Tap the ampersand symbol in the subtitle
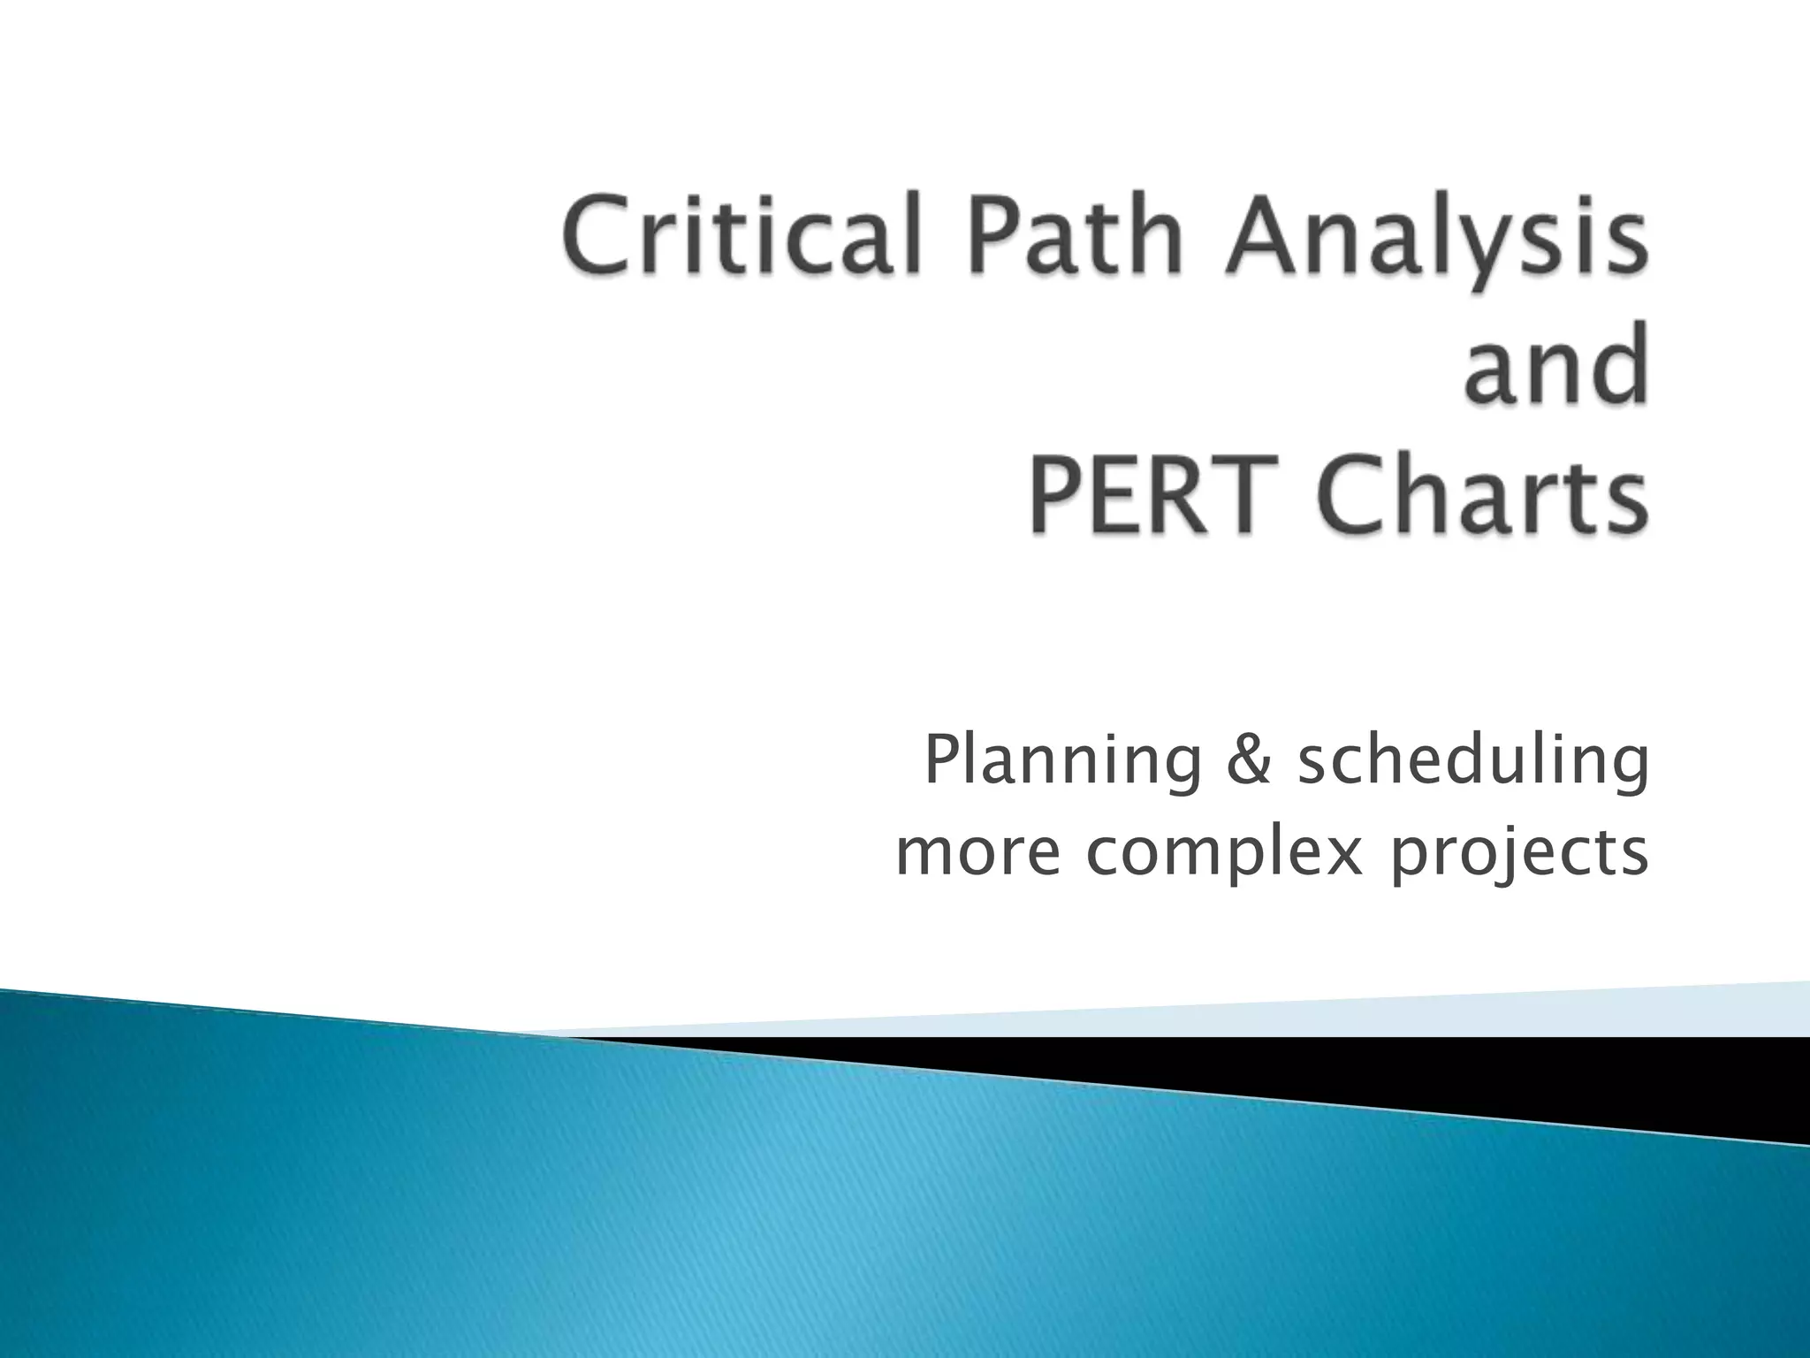[1249, 762]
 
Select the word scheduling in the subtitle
[1472, 762]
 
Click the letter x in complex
[1342, 854]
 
